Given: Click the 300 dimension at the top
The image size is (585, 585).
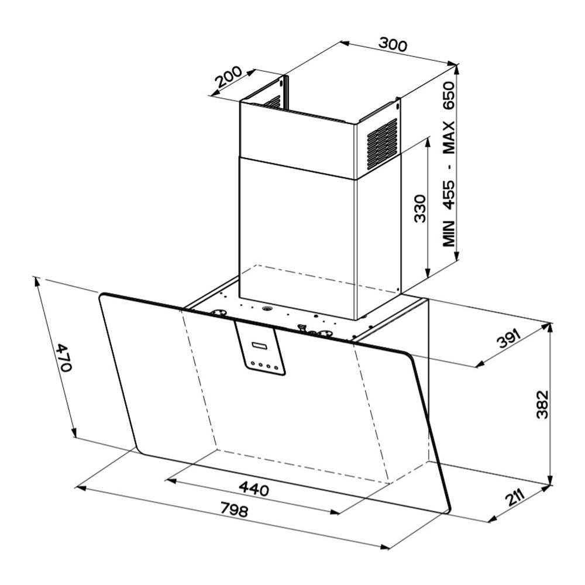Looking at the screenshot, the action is [x=393, y=44].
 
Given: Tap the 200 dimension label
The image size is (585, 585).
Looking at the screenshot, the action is [x=229, y=77].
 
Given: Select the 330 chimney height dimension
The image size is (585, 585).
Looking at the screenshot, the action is [x=420, y=208].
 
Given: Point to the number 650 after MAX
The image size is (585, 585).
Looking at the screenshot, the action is [x=449, y=95].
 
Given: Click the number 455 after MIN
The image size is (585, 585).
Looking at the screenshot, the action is [x=449, y=194].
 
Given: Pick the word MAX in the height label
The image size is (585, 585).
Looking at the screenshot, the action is [x=449, y=137].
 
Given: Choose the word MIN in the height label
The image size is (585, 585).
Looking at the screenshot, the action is [x=449, y=233].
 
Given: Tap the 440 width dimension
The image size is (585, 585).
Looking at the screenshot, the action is [x=254, y=488].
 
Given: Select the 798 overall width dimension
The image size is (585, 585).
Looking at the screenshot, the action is [x=234, y=510].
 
